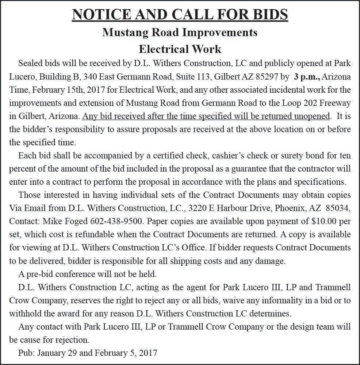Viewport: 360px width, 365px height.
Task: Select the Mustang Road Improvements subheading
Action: coord(180,32)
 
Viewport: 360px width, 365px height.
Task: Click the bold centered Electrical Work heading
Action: coord(180,49)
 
